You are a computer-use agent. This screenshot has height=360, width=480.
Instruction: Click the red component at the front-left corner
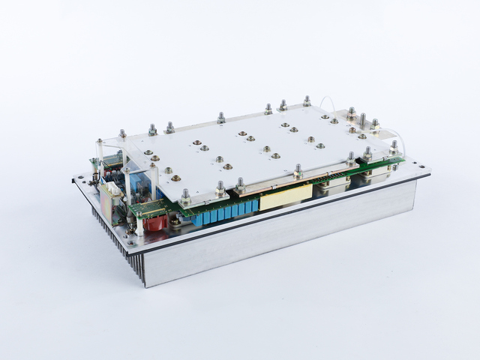[156, 222]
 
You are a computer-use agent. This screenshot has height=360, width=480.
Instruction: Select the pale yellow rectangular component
[285, 196]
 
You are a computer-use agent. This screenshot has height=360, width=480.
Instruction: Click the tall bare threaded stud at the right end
[363, 120]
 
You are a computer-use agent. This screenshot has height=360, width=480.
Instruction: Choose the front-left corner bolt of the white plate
[185, 196]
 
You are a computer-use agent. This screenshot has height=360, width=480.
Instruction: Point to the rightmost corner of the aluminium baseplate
[429, 174]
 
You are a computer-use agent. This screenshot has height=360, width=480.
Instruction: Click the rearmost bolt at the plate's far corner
[307, 100]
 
